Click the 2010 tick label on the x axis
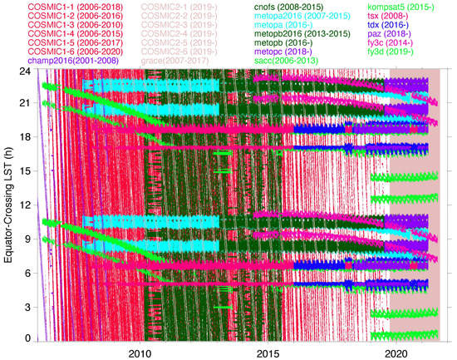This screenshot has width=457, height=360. click(x=140, y=353)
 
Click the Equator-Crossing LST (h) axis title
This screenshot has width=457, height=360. click(x=8, y=205)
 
